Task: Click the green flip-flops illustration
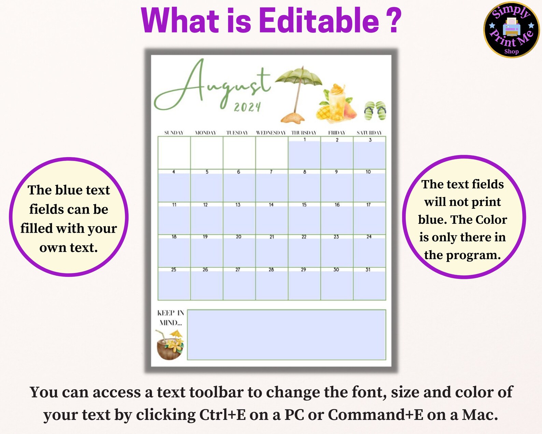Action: point(375,111)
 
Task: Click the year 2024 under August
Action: point(247,107)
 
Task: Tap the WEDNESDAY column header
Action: point(271,133)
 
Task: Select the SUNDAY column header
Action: point(174,133)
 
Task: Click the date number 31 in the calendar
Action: point(368,270)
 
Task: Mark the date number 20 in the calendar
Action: point(239,236)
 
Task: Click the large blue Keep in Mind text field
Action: point(286,335)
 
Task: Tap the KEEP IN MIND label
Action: point(170,317)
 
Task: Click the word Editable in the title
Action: point(319,21)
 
